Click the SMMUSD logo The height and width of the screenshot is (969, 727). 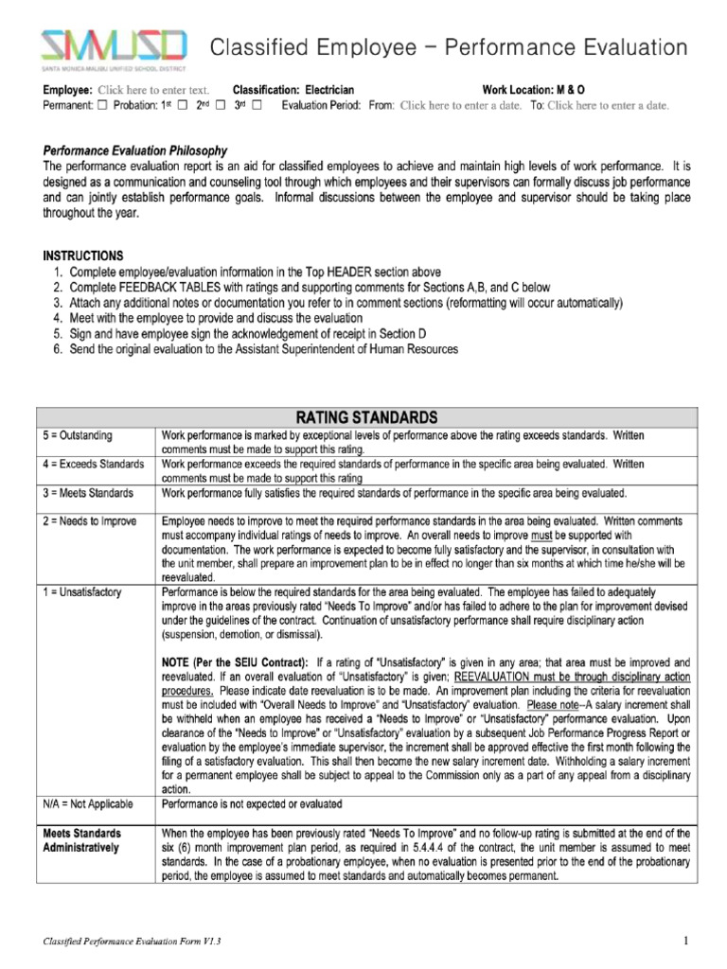112,48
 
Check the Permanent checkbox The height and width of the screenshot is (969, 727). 103,105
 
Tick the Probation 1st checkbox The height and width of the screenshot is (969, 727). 184,105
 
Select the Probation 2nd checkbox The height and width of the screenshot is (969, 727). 221,105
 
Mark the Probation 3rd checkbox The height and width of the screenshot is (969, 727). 257,105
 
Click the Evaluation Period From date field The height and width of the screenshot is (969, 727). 460,105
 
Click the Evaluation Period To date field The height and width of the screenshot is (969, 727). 608,105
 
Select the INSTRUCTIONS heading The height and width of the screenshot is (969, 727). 83,255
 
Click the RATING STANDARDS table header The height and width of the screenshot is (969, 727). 366,416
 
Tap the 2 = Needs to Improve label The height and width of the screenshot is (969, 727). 91,521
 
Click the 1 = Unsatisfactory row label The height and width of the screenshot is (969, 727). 83,591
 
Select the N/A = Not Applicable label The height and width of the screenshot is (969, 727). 89,803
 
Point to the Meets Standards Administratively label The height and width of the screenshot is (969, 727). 82,840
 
